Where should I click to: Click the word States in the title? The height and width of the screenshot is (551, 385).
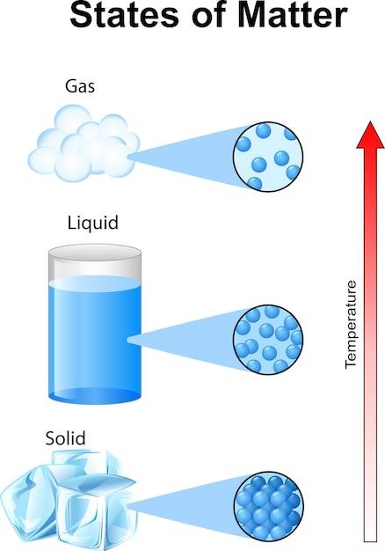pyautogui.click(x=124, y=15)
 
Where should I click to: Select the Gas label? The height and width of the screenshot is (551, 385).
pyautogui.click(x=80, y=86)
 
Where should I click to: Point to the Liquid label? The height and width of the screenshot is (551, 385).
pyautogui.click(x=92, y=223)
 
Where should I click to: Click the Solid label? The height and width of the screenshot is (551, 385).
pyautogui.click(x=65, y=438)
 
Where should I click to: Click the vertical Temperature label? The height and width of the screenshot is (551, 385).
pyautogui.click(x=351, y=324)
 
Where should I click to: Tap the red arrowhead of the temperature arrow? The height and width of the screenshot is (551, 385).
pyautogui.click(x=370, y=136)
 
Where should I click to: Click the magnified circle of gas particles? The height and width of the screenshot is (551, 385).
pyautogui.click(x=268, y=157)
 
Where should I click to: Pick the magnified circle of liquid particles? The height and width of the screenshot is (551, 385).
pyautogui.click(x=268, y=339)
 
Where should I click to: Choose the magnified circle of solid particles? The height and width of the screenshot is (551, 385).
pyautogui.click(x=268, y=506)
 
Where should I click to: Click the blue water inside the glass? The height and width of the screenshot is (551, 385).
pyautogui.click(x=95, y=337)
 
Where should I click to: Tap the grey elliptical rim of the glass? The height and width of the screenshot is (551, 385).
pyautogui.click(x=95, y=253)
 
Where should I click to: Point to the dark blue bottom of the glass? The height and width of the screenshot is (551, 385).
pyautogui.click(x=95, y=395)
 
